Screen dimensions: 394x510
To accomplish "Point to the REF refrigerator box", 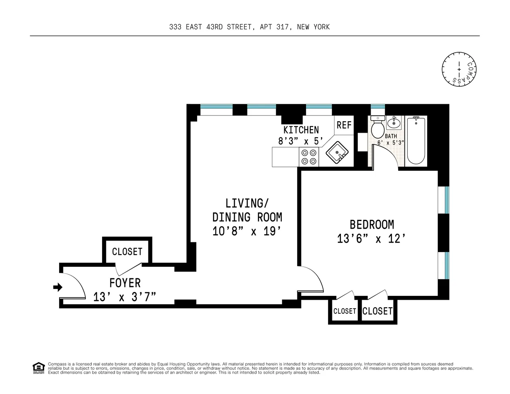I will tap(344, 125).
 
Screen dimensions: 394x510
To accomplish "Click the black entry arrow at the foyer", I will tap(57, 288).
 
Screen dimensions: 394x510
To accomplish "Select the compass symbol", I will tap(459, 68).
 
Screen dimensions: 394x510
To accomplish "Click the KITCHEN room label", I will tap(301, 130).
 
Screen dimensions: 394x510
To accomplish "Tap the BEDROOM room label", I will tap(371, 224).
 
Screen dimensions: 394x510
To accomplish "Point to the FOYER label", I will tap(125, 283).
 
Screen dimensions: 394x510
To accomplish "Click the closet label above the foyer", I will tap(127, 252).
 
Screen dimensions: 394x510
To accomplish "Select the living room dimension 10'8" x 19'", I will tap(247, 232).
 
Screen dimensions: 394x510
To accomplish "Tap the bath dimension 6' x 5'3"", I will tap(391, 143).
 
